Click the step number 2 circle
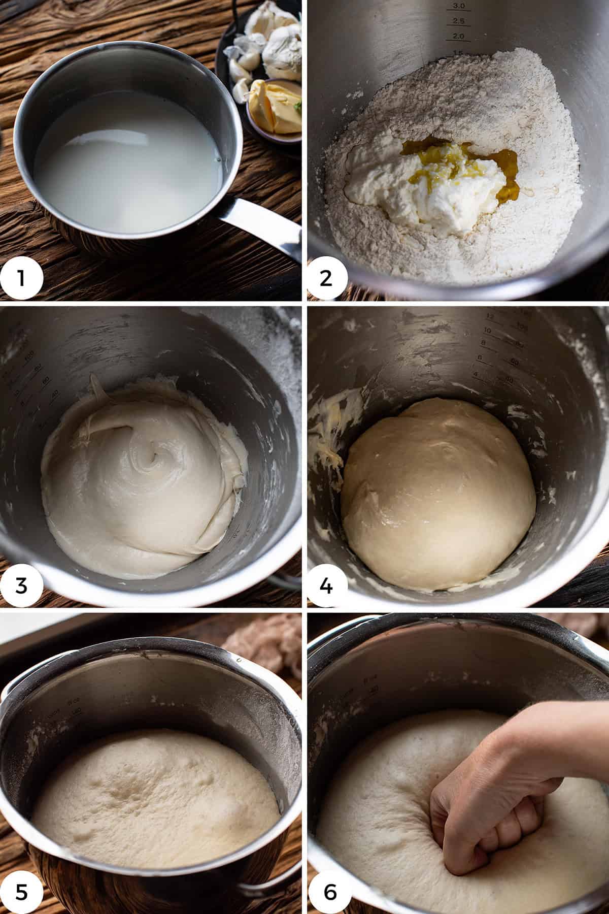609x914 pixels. [x=326, y=279]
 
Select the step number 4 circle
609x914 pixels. [x=326, y=585]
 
